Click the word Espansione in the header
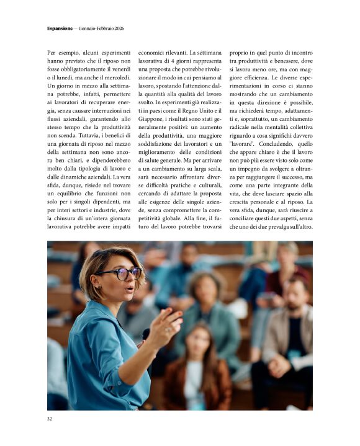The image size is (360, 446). pos(60,29)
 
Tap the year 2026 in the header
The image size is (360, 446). pos(119,29)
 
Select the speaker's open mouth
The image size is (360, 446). pos(130,288)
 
